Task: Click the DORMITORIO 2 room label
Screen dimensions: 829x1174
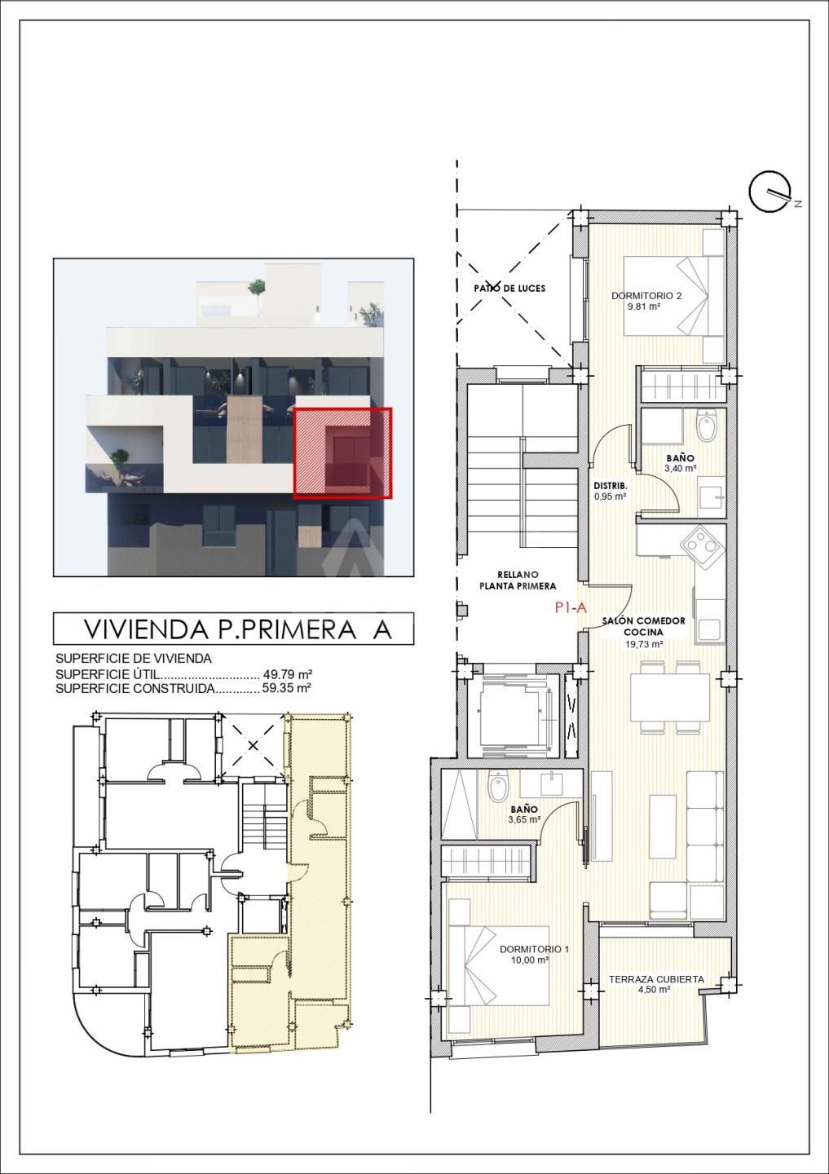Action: [646, 296]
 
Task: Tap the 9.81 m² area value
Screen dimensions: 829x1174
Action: [644, 307]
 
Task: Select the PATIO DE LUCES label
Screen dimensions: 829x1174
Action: [509, 289]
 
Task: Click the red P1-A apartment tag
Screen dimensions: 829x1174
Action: [571, 607]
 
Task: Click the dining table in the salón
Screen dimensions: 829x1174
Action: [670, 698]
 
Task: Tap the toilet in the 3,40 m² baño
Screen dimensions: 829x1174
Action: [707, 426]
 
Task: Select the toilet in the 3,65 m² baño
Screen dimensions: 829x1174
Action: [497, 787]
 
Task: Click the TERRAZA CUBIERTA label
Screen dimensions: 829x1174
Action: [656, 979]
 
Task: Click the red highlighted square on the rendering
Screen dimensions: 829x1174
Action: [342, 452]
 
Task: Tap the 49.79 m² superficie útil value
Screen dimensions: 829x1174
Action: [287, 673]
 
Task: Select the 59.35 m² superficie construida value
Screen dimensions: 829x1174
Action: [287, 687]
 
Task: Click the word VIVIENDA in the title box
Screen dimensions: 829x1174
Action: [147, 629]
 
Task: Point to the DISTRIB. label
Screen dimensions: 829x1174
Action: [611, 486]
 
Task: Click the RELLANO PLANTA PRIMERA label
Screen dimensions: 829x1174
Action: [518, 580]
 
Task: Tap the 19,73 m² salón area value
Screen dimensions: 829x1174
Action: [644, 644]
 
